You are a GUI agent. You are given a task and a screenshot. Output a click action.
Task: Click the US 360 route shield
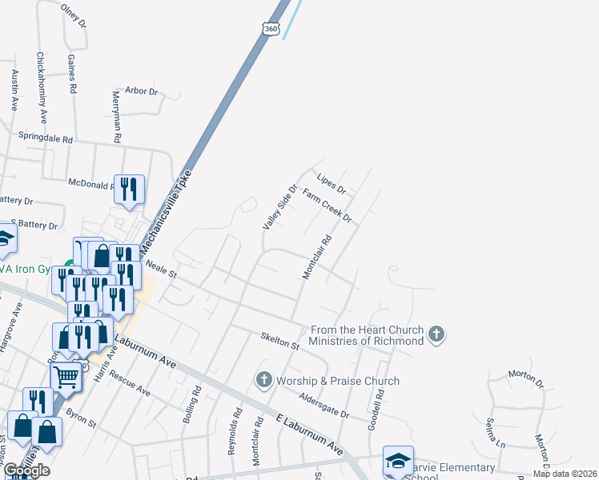point(271,29)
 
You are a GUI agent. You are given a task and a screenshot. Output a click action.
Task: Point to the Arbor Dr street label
point(142,91)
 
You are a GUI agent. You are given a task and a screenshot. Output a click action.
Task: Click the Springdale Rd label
point(50,138)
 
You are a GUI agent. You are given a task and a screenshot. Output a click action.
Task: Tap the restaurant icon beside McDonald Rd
point(130,189)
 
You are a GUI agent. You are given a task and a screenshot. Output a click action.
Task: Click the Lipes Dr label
point(331,184)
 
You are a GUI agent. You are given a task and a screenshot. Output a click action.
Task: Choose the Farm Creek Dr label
point(328,206)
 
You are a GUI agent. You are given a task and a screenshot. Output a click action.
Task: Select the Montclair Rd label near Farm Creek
point(316,257)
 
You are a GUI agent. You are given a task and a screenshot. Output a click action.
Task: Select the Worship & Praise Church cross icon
point(264,378)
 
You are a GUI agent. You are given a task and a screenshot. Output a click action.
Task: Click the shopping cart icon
point(66,376)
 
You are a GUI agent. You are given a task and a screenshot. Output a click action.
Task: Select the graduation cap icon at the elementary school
point(398,462)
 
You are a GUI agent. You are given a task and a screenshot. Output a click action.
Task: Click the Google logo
point(26,470)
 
